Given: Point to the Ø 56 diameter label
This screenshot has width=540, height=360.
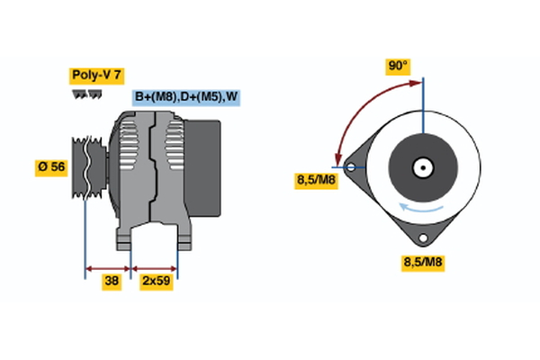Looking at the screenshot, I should point(53,168).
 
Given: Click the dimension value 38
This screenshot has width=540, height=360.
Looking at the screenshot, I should point(111,281).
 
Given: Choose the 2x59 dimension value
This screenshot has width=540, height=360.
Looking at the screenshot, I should point(156,281).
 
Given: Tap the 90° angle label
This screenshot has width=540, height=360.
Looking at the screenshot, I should point(398,66).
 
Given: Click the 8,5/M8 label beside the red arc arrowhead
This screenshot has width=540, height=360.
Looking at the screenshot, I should point(316,181).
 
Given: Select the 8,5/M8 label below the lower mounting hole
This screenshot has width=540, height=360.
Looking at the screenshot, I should point(421,262).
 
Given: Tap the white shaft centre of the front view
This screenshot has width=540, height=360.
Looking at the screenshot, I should point(421,167).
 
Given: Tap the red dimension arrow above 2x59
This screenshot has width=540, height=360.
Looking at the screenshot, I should point(155,267).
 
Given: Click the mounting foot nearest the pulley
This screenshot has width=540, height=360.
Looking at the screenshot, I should point(125,238).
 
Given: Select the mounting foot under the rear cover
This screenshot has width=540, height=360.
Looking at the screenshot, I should point(184,238).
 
